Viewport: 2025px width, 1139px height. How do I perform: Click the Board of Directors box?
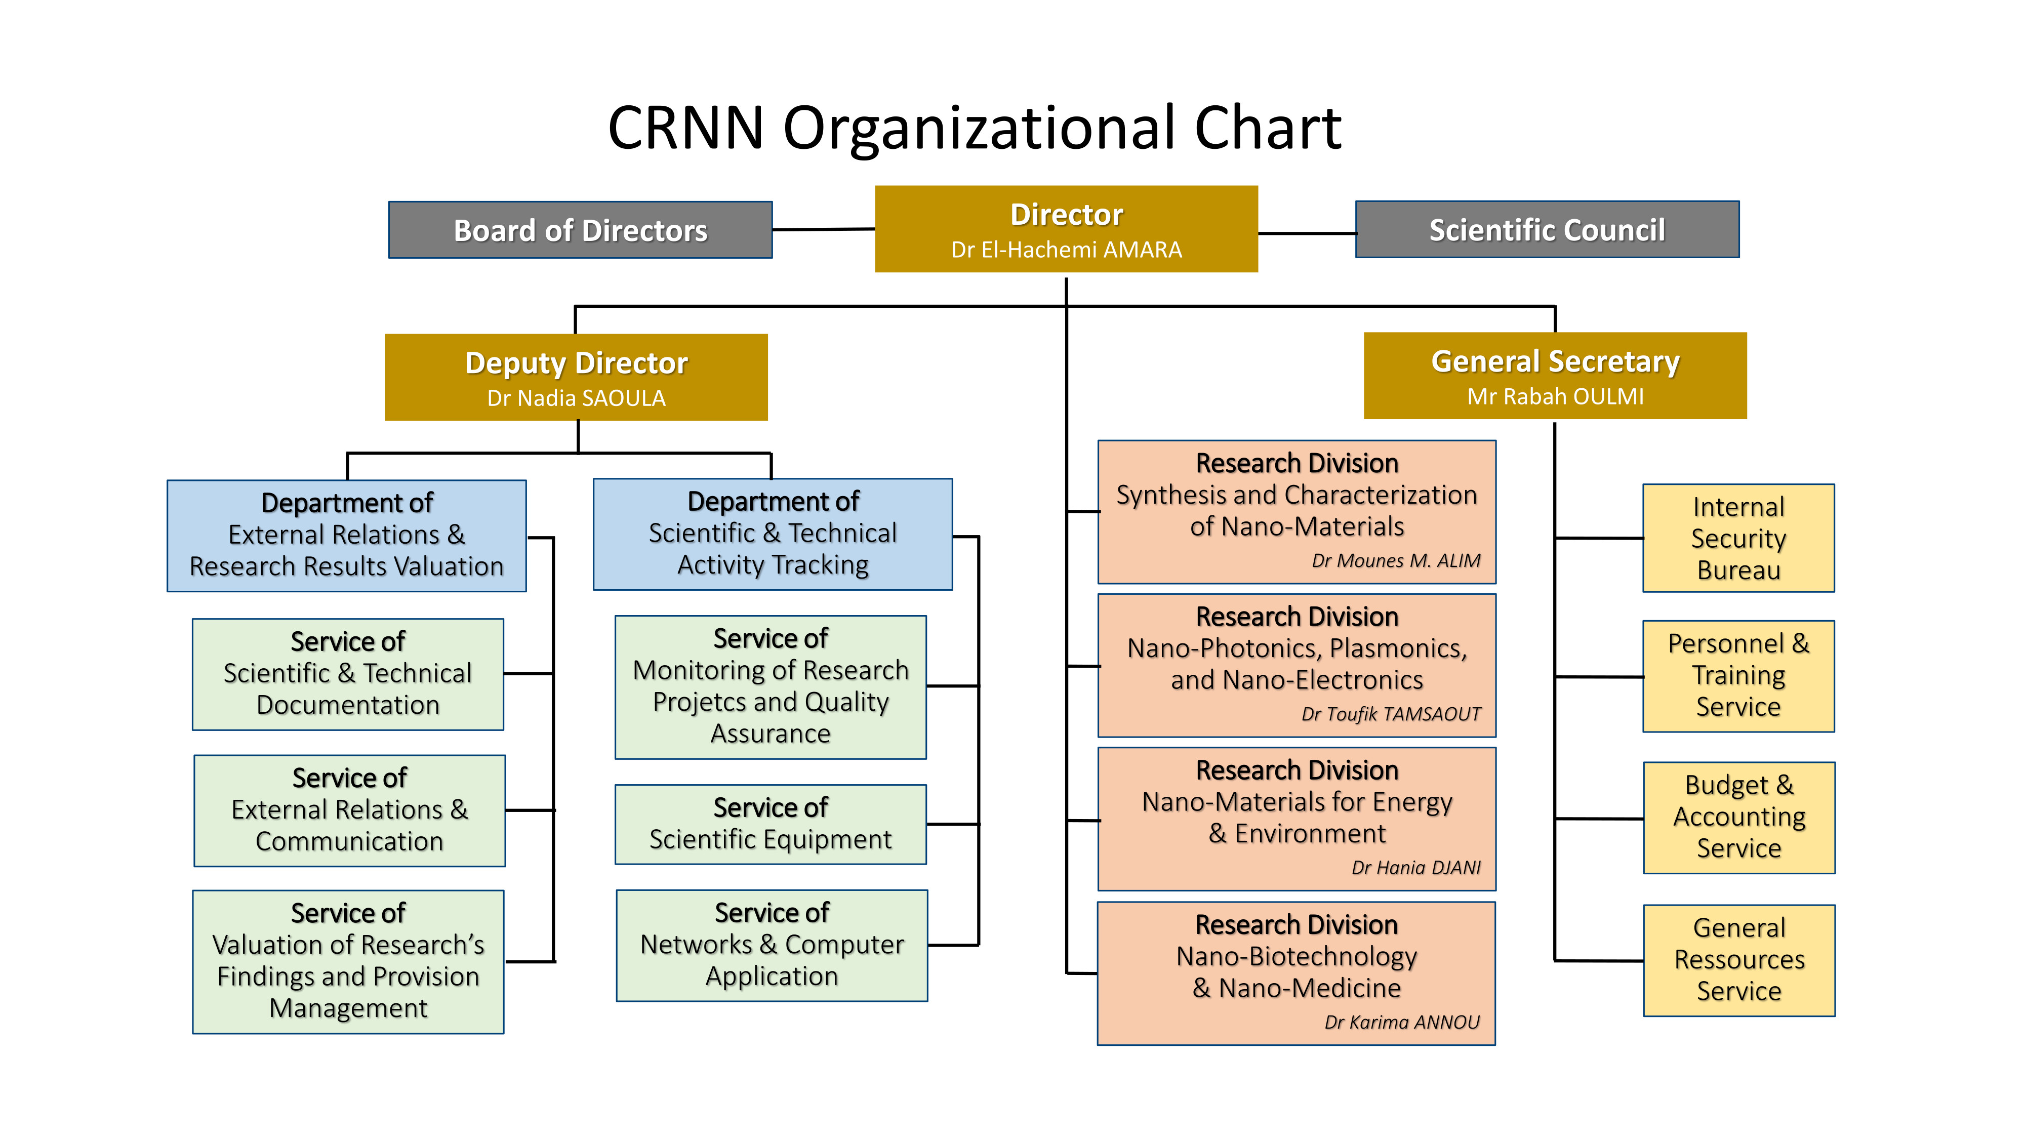(x=580, y=229)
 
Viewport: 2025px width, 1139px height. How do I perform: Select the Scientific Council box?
(x=1546, y=229)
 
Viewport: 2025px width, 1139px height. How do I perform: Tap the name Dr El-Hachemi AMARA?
(x=1066, y=250)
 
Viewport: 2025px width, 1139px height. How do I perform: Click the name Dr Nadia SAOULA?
(x=576, y=398)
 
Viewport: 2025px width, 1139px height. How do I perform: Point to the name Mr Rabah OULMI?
(x=1555, y=396)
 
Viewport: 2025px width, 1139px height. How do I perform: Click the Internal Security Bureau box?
(x=1738, y=539)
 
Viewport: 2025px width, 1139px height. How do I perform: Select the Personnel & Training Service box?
(x=1738, y=676)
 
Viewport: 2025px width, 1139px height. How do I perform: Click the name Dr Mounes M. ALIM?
(x=1395, y=560)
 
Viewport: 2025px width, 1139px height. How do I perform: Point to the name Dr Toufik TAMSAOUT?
(x=1391, y=714)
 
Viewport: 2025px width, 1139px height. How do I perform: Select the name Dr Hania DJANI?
(x=1416, y=868)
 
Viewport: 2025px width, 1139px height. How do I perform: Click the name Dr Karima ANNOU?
(x=1402, y=1022)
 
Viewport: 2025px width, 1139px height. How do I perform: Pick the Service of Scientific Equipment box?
(x=771, y=824)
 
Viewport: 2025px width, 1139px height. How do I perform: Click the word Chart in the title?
(x=1267, y=128)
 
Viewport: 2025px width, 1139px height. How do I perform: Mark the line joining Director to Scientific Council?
(x=1307, y=233)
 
